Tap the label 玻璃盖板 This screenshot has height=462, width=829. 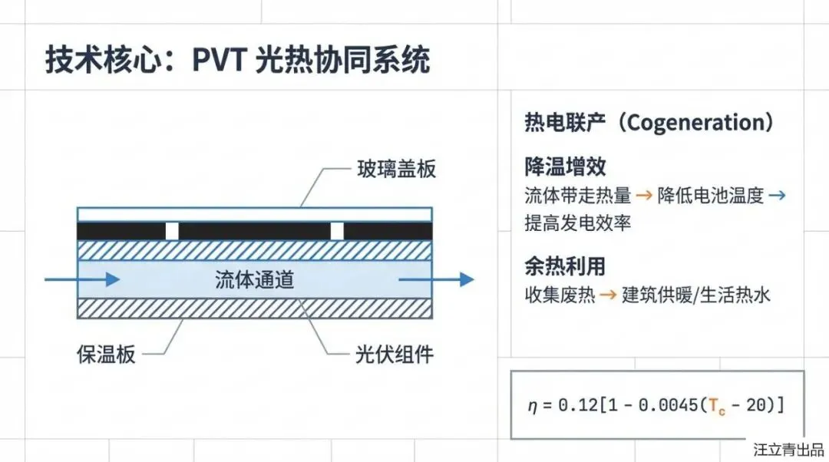click(396, 168)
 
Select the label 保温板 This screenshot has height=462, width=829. click(106, 354)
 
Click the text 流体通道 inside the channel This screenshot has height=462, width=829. click(254, 280)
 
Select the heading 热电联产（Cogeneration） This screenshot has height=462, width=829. click(649, 123)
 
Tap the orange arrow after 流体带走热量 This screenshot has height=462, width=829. click(644, 196)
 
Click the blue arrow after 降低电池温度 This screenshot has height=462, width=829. click(777, 196)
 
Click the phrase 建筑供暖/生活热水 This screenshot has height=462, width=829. click(695, 295)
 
